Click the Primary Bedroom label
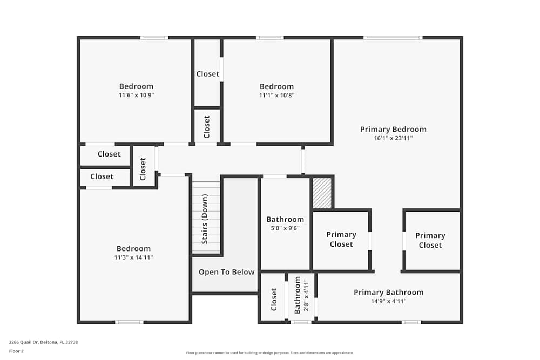coord(393,129)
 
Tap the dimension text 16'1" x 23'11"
coord(393,138)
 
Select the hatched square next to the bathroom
coord(322,193)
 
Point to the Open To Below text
coord(226,272)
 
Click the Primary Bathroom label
coord(388,293)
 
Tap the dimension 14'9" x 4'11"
coord(388,301)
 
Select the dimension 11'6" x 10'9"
coord(136,95)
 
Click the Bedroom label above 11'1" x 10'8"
coord(276,86)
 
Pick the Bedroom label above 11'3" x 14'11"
coord(133,249)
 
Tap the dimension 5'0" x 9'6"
coord(285,228)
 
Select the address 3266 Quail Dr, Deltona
coord(44,342)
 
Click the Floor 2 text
coord(16,351)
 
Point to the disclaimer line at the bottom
coord(269,353)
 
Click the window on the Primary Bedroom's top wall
coord(393,38)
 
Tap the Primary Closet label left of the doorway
coord(341,239)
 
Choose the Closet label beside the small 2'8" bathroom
coord(274,299)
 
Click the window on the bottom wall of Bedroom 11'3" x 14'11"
coord(129,322)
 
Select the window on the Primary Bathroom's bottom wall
coord(411,322)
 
